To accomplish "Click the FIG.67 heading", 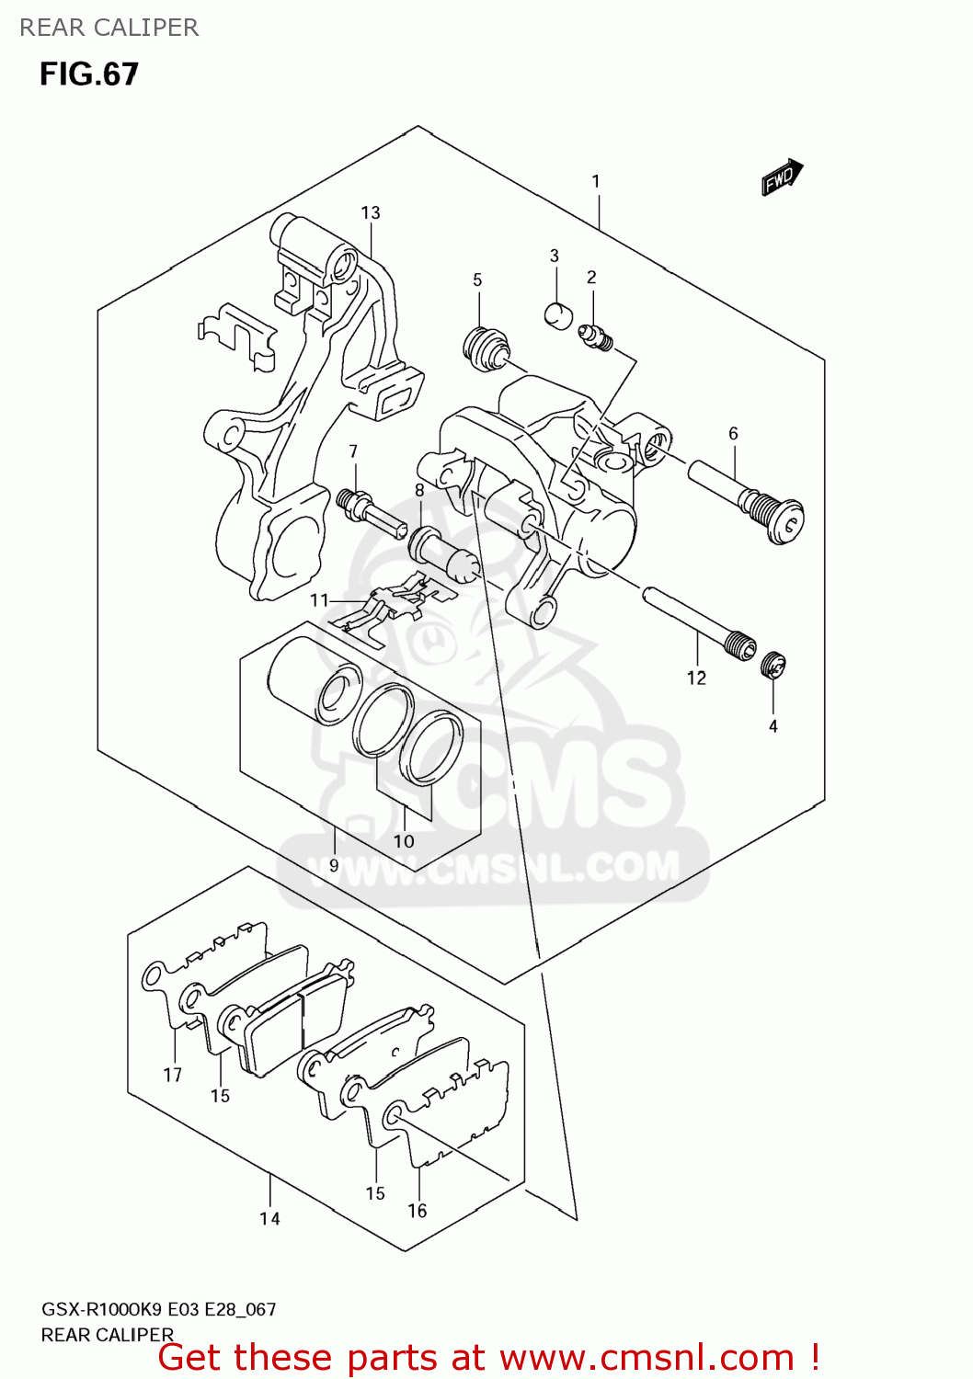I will tap(88, 74).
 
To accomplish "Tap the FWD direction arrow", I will tap(782, 177).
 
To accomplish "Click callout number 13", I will tap(371, 212).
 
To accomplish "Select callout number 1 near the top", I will tap(596, 181).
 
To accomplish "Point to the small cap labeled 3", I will tap(557, 314).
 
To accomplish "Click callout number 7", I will tap(353, 451).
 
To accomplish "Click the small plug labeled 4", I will tap(773, 665).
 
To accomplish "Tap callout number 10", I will tap(404, 840).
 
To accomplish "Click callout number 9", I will tap(334, 865).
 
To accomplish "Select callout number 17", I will tap(173, 1074).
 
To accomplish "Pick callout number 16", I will tap(418, 1211).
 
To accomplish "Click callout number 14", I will tap(269, 1218).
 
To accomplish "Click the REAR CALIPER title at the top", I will tap(109, 28).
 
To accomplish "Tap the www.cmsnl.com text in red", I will tap(647, 1357).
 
